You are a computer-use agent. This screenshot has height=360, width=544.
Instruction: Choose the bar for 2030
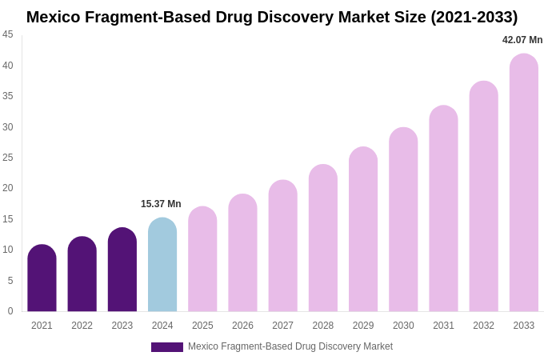403,219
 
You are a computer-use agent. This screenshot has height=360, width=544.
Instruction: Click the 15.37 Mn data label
161,204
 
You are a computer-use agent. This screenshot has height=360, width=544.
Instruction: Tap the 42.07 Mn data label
522,40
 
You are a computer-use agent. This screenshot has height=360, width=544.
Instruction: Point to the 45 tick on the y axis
8,34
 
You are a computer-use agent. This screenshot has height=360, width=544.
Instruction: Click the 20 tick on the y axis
8,188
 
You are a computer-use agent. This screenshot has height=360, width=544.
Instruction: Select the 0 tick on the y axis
10,311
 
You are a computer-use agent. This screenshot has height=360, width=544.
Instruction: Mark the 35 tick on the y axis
8,96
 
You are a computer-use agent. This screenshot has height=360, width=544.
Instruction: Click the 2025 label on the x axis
202,326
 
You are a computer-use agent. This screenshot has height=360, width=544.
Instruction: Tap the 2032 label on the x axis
483,326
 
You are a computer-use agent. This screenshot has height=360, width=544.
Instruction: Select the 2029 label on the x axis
363,326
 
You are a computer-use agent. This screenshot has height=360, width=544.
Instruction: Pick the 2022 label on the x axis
82,326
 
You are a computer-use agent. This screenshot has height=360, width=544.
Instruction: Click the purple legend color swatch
166,347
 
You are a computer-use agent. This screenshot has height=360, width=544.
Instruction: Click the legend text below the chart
290,346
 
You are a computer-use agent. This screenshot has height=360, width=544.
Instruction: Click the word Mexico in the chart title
53,17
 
